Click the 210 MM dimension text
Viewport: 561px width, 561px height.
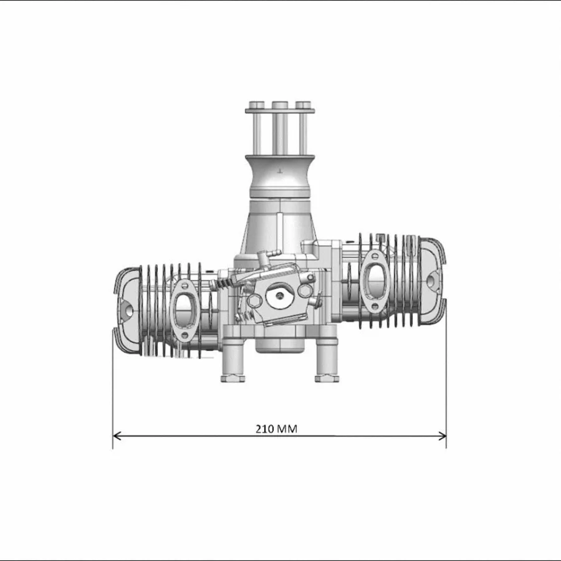tap(276, 429)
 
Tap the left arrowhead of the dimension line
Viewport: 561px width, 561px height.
tap(117, 436)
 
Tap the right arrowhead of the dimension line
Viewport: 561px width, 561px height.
tap(443, 436)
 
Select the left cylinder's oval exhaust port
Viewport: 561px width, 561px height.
tap(184, 307)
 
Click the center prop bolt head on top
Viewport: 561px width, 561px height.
tap(280, 104)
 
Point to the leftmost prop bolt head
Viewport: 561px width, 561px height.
tap(256, 104)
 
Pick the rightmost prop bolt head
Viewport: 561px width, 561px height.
tap(303, 104)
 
